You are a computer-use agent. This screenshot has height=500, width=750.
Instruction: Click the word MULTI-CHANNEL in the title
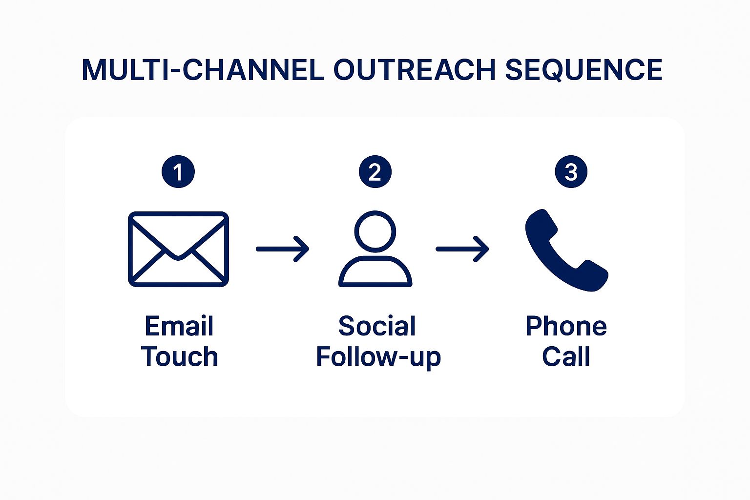click(203, 70)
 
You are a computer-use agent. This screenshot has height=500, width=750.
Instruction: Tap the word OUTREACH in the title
click(415, 70)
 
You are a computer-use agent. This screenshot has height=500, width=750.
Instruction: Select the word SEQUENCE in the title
click(584, 70)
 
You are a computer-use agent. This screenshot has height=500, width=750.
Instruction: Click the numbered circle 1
click(178, 171)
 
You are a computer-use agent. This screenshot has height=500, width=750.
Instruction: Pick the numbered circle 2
click(375, 171)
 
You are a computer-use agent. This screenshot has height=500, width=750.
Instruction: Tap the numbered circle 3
click(571, 171)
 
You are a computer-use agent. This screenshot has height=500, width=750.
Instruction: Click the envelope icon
click(178, 249)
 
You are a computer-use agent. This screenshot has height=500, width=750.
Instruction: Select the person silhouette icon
click(375, 249)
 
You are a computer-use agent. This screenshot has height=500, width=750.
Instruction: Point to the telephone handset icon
click(566, 250)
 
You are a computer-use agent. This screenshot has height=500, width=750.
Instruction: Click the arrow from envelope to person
click(283, 249)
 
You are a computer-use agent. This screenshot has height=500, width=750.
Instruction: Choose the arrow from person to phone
click(462, 249)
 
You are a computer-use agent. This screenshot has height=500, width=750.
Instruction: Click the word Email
click(179, 326)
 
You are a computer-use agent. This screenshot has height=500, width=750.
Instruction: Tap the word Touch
click(180, 356)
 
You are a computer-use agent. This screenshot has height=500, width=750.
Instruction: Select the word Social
click(377, 326)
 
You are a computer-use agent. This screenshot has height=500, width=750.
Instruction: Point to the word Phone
click(566, 326)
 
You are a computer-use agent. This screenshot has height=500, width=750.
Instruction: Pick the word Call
click(566, 356)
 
